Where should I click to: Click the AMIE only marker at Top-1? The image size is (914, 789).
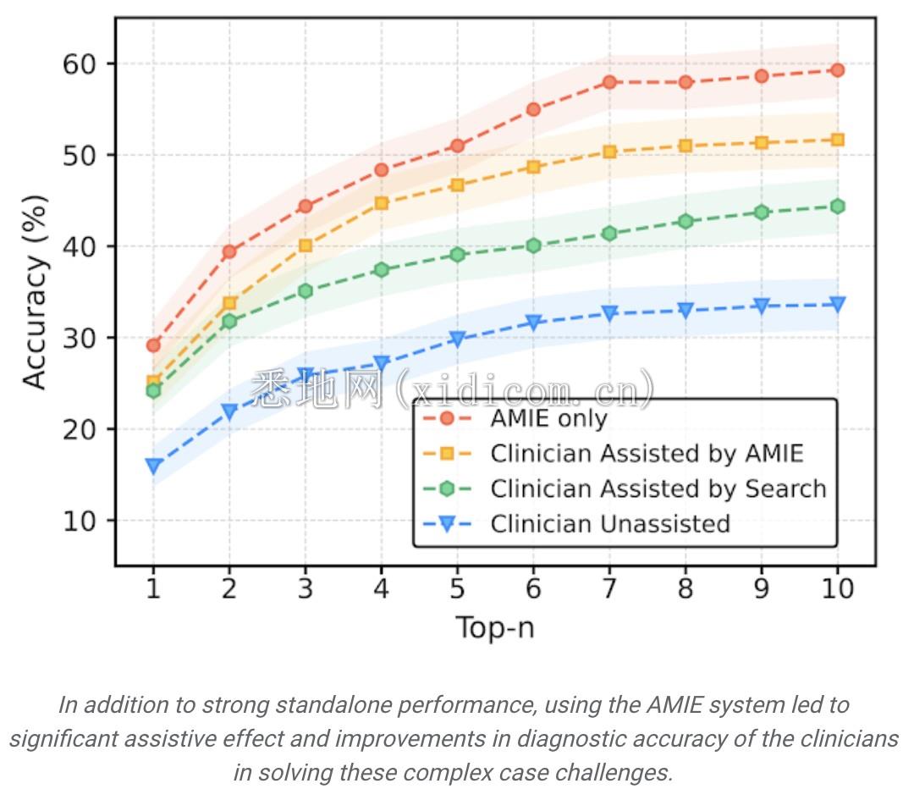coord(153,345)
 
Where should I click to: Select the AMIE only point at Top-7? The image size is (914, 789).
coord(609,82)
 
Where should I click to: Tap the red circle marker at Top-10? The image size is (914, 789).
coord(837,70)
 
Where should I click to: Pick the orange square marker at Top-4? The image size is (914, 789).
coord(381,203)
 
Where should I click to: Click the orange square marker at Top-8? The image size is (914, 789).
coord(685,146)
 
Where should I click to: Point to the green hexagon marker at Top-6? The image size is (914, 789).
coord(533,246)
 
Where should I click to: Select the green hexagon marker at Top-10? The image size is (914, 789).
coord(837,206)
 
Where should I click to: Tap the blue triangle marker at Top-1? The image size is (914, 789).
coord(153,466)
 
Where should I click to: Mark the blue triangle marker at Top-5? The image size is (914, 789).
coord(457,339)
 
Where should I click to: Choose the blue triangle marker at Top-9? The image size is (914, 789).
coord(761,306)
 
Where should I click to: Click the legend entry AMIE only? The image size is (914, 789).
coord(548,418)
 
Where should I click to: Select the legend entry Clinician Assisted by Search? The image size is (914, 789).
coord(658,488)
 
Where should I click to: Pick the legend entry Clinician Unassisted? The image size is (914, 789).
coord(609,524)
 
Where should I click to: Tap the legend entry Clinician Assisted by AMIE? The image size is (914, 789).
coord(647,454)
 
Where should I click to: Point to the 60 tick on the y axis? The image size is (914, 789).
coord(81,64)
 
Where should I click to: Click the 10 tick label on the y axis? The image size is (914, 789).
coord(81,521)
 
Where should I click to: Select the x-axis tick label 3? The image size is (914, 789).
coord(305,588)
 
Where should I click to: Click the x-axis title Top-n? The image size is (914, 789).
coord(494,628)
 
